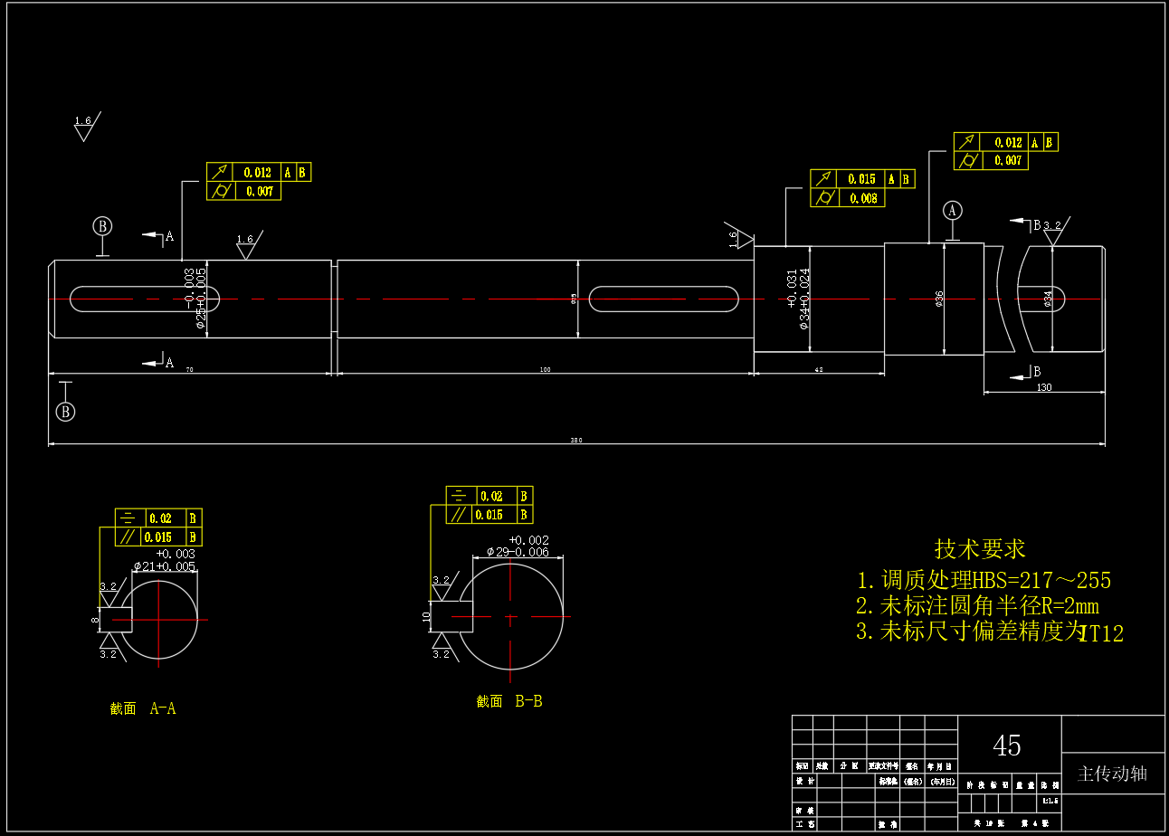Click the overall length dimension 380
575,441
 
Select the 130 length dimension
1044,387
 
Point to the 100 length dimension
545,369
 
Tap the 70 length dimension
189,369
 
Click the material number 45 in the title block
1007,746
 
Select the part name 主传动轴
1112,774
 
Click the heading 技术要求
980,548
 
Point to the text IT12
1102,634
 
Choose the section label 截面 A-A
143,708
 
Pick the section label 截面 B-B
509,701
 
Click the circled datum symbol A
952,210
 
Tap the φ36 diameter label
939,299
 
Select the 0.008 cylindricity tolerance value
864,198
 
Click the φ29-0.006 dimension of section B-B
518,552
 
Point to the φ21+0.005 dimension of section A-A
164,566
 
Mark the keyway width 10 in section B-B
426,616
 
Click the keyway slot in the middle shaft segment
664,299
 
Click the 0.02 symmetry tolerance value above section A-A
161,518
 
